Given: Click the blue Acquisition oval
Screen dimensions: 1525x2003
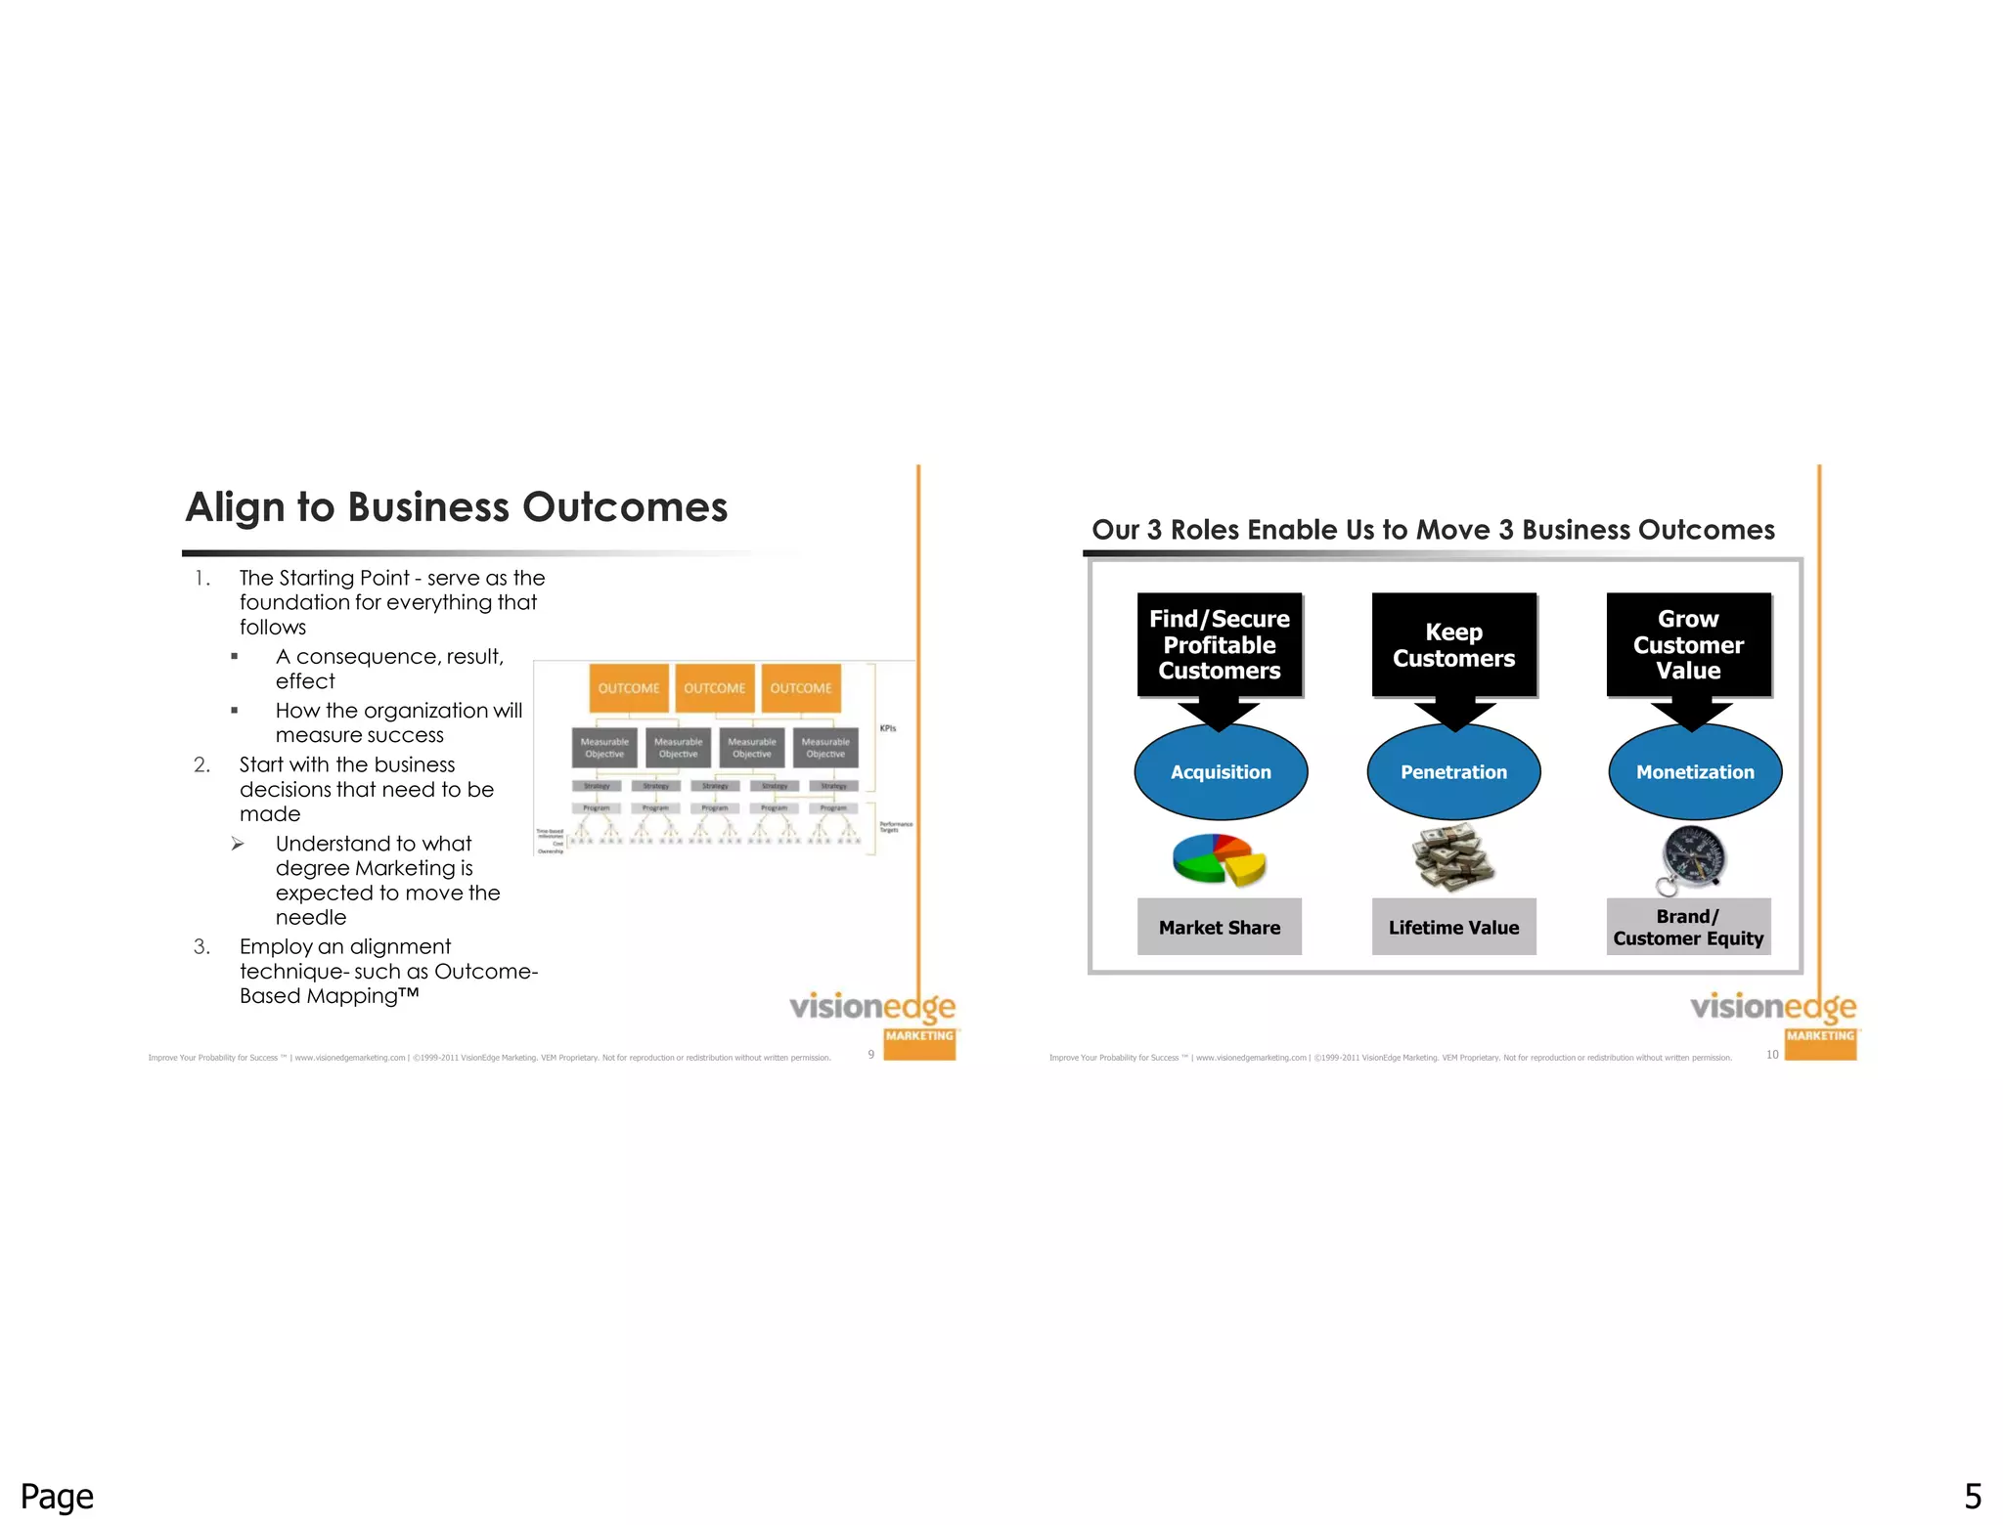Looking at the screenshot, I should tap(1221, 772).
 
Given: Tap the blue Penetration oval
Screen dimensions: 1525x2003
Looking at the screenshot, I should tap(1453, 772).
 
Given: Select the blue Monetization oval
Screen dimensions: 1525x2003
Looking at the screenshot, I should tap(1695, 772).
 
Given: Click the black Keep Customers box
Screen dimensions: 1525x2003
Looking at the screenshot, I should tap(1453, 645).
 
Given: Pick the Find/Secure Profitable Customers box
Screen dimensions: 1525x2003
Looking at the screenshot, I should tap(1220, 645).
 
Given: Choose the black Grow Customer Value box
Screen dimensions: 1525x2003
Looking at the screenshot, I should tap(1688, 645).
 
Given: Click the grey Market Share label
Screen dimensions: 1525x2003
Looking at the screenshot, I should tap(1220, 927).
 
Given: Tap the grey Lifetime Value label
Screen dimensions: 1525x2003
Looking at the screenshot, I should tap(1453, 927).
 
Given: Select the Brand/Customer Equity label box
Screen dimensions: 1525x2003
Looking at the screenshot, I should tap(1688, 927).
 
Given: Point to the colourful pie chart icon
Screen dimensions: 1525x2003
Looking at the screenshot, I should tap(1219, 859).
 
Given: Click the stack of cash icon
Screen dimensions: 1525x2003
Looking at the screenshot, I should tap(1453, 857).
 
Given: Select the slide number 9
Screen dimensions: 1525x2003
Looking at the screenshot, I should tap(871, 1055).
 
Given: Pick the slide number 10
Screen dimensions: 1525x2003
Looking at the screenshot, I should tap(1772, 1055).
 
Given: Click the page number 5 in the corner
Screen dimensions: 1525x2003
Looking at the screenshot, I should tap(1973, 1496).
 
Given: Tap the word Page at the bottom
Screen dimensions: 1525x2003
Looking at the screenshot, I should tap(57, 1497).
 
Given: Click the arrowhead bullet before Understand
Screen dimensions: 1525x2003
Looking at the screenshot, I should tap(238, 844).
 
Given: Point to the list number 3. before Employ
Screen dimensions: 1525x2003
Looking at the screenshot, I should tap(201, 946).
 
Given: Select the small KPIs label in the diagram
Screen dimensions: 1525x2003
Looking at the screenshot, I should tap(888, 728).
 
